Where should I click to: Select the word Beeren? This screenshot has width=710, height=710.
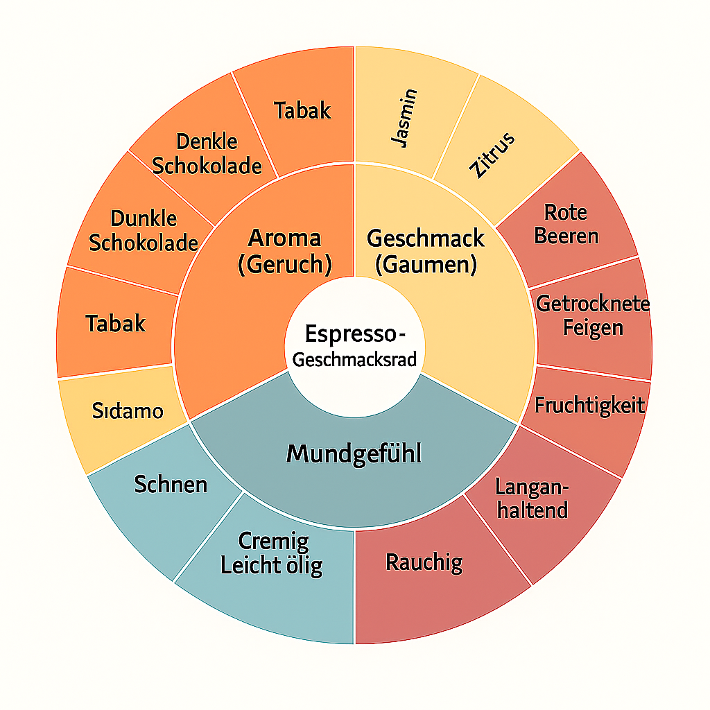coord(566,236)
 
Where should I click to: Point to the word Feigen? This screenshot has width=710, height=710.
coord(593,327)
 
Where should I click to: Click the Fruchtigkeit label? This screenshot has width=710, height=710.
coord(589,406)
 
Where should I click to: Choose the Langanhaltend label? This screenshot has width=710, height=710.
coord(532,499)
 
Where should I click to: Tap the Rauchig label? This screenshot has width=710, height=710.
coord(424,562)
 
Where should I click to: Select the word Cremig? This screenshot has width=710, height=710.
coord(273,541)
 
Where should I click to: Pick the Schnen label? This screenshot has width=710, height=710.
coord(171,483)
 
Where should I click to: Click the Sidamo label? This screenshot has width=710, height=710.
coord(128,411)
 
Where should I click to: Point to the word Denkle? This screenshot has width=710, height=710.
coord(207,142)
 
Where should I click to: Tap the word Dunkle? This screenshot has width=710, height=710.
coord(144,219)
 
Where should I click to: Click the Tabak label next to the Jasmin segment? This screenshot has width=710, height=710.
coord(302,110)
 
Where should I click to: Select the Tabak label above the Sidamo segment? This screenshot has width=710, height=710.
coord(116,322)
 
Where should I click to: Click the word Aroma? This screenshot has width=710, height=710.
coord(284,239)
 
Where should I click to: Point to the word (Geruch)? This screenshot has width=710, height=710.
coord(284,264)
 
